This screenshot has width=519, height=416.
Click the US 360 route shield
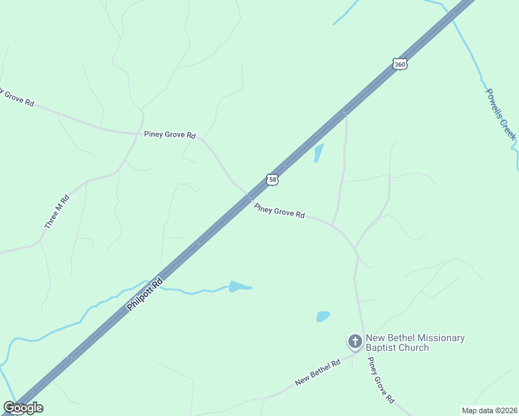point(399,64)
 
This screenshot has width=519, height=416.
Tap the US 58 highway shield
point(273,180)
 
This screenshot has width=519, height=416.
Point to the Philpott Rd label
point(145,294)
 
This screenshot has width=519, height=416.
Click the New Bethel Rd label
point(317,372)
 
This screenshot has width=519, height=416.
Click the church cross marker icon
point(355,341)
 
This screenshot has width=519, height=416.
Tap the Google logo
point(23,408)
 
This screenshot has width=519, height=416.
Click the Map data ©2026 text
point(489,410)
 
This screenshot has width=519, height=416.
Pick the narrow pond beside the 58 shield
point(318,153)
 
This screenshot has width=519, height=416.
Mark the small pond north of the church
point(323,316)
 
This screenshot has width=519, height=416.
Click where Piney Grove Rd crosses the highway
point(248,196)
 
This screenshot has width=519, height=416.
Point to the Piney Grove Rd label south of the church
point(381,381)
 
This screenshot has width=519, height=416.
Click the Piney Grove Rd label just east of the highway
point(280,211)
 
